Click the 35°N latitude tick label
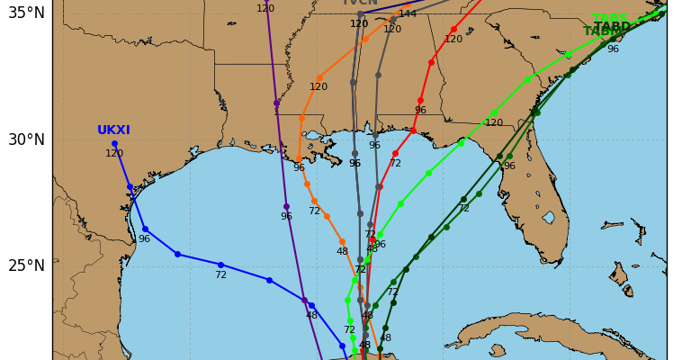25,13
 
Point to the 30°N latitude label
25,139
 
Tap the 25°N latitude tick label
25,265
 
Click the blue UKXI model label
114,130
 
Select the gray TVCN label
359,3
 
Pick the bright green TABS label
610,19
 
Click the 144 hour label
408,13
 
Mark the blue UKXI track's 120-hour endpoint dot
114,143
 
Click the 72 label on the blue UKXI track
220,274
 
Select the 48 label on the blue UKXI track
311,316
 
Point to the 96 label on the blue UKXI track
144,239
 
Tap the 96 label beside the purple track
286,217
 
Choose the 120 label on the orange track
319,87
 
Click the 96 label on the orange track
299,168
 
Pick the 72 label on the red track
395,164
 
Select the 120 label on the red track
453,40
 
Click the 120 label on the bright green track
494,123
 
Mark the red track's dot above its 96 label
420,100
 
